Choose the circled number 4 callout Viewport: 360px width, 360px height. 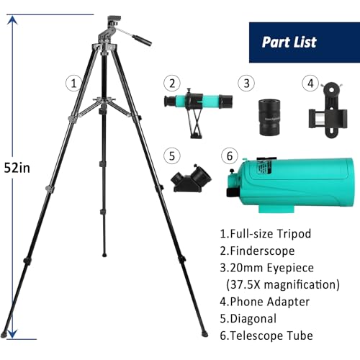pyautogui.click(x=310, y=84)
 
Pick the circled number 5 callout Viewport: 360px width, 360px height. pyautogui.click(x=170, y=154)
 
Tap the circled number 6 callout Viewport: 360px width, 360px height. pyautogui.click(x=230, y=154)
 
